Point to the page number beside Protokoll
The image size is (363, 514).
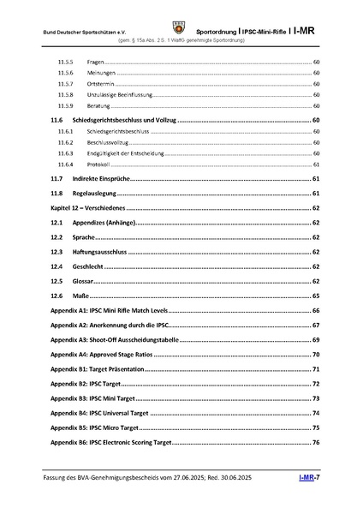(x=316, y=164)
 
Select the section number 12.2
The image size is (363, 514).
(x=57, y=237)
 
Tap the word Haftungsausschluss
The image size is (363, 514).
(x=100, y=252)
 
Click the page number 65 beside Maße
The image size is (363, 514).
(x=316, y=296)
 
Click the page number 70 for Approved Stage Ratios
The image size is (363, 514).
(x=316, y=355)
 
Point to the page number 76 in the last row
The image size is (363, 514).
(x=316, y=443)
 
